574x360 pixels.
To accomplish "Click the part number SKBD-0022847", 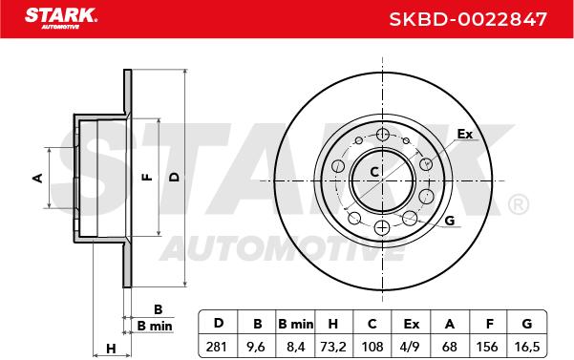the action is click(x=467, y=19).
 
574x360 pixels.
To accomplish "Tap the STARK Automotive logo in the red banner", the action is click(x=61, y=18).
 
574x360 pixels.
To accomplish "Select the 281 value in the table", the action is click(x=217, y=346).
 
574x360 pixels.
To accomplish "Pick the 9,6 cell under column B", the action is click(x=256, y=346).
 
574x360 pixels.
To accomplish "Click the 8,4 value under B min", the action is click(x=295, y=346).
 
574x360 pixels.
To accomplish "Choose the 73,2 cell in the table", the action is click(x=333, y=346).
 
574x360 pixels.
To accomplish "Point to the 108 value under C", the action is click(x=372, y=346).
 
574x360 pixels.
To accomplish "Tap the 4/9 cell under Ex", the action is click(x=411, y=346).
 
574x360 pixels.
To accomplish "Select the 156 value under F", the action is click(x=487, y=346).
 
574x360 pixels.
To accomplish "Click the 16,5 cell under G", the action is click(x=527, y=346).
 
